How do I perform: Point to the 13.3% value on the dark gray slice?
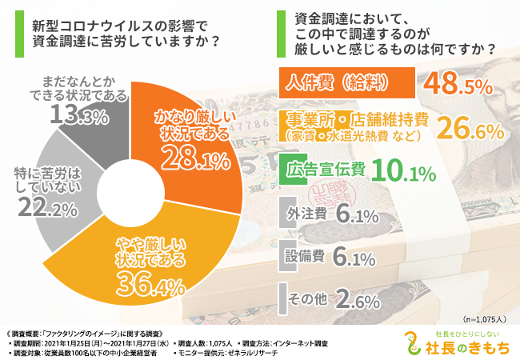coord(79,117)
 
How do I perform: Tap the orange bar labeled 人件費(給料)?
coord(344,82)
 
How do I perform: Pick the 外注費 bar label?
coord(304,214)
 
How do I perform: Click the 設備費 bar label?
coord(304,257)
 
